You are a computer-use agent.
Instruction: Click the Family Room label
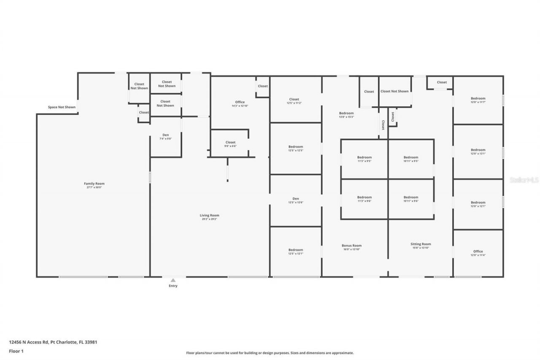click(94, 184)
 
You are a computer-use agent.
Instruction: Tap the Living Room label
click(209, 216)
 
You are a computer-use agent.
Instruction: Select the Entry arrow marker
click(173, 280)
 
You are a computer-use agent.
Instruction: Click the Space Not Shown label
click(62, 107)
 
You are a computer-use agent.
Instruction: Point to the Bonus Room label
click(351, 246)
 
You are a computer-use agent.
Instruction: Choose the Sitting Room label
click(421, 244)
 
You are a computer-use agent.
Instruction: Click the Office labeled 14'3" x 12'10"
click(240, 103)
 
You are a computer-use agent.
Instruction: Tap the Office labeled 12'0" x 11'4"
click(478, 252)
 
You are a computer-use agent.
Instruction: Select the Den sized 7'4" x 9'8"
click(166, 135)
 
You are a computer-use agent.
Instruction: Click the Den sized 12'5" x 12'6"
click(296, 199)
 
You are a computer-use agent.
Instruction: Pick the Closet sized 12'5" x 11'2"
click(294, 100)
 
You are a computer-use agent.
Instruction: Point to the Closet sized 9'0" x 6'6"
click(230, 143)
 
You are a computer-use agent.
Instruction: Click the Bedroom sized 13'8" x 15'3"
click(346, 114)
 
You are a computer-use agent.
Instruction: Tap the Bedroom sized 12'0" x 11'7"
click(478, 99)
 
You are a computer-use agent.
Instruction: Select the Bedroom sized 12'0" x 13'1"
click(478, 150)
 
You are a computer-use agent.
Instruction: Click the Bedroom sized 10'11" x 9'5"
click(410, 158)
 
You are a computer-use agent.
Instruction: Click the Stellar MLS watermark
click(524, 180)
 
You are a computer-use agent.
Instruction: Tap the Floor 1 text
click(16, 351)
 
